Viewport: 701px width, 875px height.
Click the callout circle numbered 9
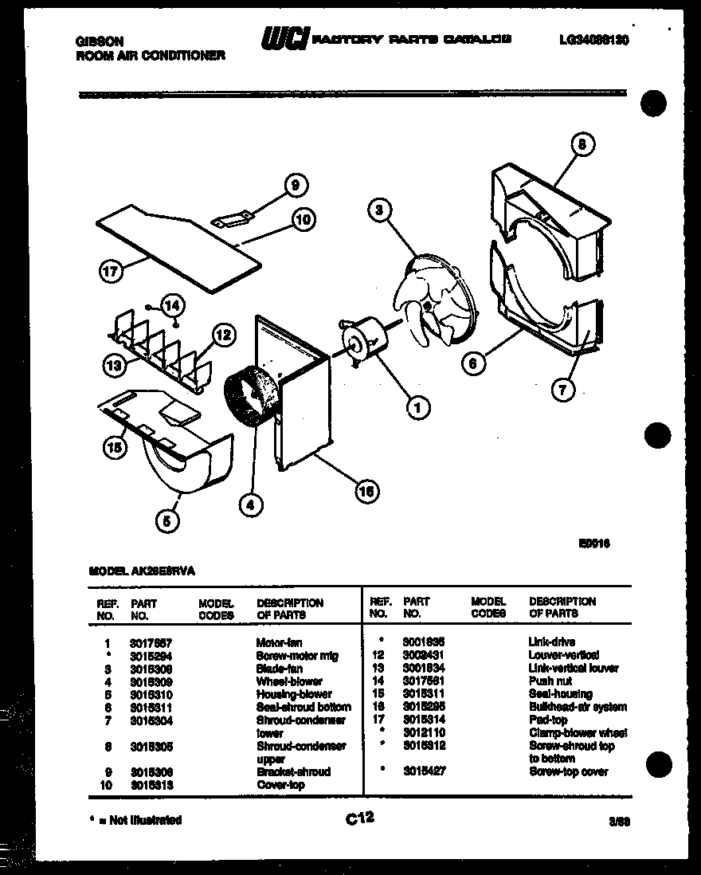click(295, 186)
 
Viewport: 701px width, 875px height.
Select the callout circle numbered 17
click(110, 271)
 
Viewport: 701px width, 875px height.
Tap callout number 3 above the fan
click(380, 210)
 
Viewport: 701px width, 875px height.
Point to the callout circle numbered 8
click(582, 145)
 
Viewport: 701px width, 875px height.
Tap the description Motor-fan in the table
click(279, 642)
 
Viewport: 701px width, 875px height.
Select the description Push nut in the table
click(550, 681)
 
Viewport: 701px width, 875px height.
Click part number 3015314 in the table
click(424, 720)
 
